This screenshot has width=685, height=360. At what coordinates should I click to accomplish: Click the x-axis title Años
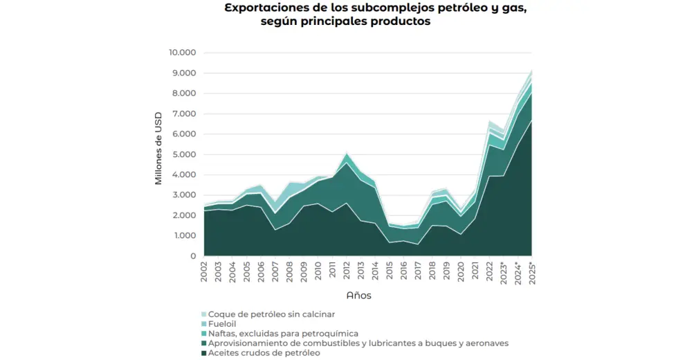[358, 295]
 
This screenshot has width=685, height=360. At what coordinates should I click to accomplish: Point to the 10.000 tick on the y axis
[183, 53]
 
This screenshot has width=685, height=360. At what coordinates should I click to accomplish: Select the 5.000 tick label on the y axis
[184, 154]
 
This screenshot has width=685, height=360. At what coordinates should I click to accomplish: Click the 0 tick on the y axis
[194, 256]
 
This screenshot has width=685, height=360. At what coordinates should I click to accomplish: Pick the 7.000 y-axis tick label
[184, 114]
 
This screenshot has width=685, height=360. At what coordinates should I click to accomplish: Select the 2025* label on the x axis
[532, 273]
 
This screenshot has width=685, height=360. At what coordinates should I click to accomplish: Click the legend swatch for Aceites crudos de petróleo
[203, 353]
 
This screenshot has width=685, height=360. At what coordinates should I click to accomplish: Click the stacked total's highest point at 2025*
[531, 70]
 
